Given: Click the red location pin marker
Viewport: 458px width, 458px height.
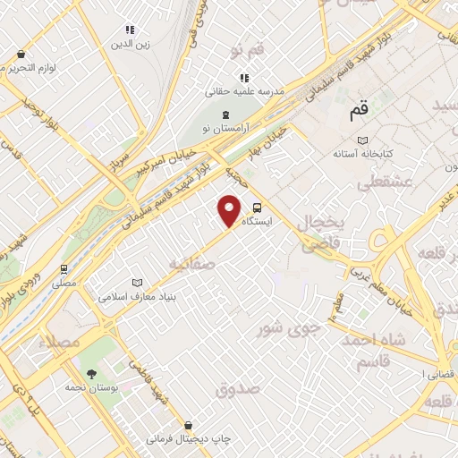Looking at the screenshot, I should coord(230,210).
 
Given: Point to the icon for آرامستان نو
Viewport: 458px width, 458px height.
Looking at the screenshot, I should coord(225,115).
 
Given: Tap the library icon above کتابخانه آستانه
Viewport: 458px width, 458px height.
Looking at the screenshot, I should coord(361,140).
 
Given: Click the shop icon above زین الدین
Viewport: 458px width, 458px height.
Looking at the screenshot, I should coord(131,30).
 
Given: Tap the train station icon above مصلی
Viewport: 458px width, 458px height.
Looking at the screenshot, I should coord(64,267).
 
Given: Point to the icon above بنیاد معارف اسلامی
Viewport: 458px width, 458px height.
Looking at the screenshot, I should coord(136,283).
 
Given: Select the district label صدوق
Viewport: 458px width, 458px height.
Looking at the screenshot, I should coord(236,388).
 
